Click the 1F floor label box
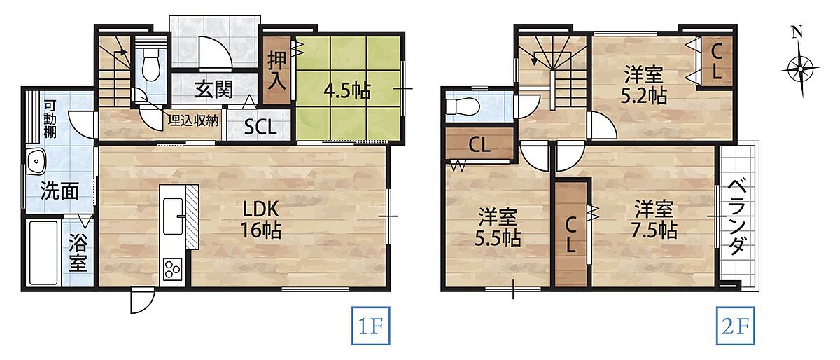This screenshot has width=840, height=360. (x=370, y=326)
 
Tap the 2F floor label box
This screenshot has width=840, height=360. (x=735, y=326)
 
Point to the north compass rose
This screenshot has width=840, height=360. (x=800, y=64)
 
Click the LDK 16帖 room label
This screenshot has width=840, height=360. (x=261, y=219)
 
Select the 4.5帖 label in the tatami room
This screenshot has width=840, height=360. (x=348, y=90)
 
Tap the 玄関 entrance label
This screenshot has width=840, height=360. (x=214, y=90)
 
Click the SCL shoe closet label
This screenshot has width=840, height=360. (x=260, y=127)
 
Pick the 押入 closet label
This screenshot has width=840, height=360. (x=277, y=71)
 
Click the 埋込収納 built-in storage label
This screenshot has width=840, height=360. (x=192, y=121)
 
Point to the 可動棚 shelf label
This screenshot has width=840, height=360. (x=50, y=119)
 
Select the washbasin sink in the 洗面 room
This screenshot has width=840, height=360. (x=36, y=162)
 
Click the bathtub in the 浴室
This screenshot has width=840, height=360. (x=43, y=253)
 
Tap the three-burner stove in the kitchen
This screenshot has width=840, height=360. (x=172, y=269)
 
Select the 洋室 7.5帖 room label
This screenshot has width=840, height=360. (x=654, y=220)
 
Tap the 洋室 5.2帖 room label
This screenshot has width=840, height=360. (x=643, y=85)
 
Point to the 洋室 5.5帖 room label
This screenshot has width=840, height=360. (x=498, y=227)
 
